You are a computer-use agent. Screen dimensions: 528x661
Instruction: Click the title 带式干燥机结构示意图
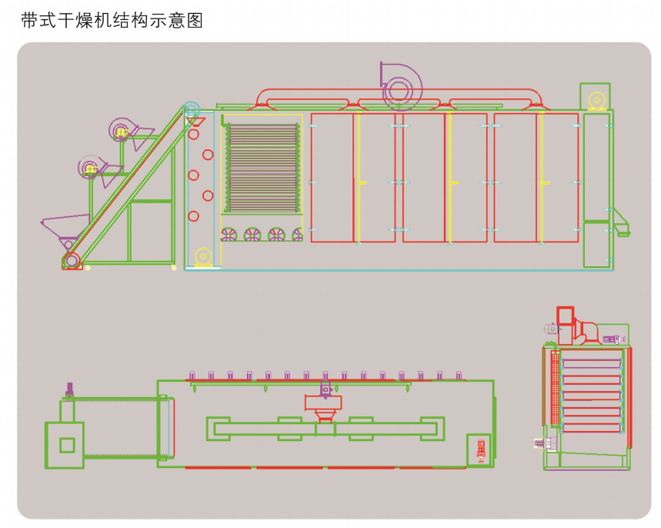point(112,21)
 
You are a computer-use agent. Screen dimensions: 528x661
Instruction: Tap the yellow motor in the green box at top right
point(595,100)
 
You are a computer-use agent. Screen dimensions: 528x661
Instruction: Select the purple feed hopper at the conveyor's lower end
point(65,227)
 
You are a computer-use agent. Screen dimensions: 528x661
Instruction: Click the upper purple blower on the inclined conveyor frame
point(122,132)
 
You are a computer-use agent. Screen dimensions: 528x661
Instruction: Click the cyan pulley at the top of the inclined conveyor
point(191,110)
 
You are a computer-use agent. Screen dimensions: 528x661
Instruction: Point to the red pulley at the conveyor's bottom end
point(72,260)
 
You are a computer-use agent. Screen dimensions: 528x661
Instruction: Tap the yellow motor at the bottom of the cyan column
point(203,257)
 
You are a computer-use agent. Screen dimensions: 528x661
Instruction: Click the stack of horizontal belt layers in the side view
point(262,168)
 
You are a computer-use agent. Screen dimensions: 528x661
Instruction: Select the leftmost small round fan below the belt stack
point(230,235)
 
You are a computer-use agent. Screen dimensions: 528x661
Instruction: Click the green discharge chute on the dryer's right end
point(620,222)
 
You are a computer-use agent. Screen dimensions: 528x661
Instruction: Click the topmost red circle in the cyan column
point(194,134)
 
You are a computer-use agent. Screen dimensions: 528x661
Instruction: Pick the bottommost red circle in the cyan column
point(194,216)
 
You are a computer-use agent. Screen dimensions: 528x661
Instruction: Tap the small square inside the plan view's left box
point(68,445)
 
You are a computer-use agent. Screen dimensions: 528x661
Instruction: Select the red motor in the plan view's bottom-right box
point(481,449)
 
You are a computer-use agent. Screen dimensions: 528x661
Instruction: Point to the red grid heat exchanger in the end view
point(552,388)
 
